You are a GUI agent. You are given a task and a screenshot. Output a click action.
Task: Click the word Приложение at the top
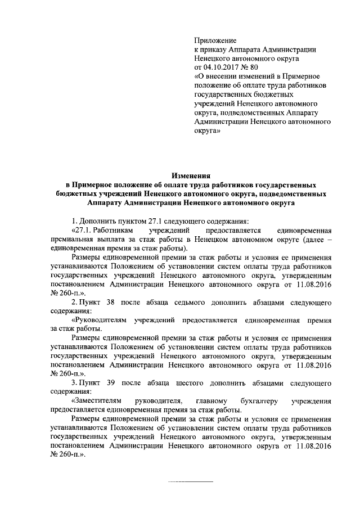click(x=215, y=40)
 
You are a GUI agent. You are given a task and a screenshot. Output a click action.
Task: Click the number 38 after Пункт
click(x=110, y=303)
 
